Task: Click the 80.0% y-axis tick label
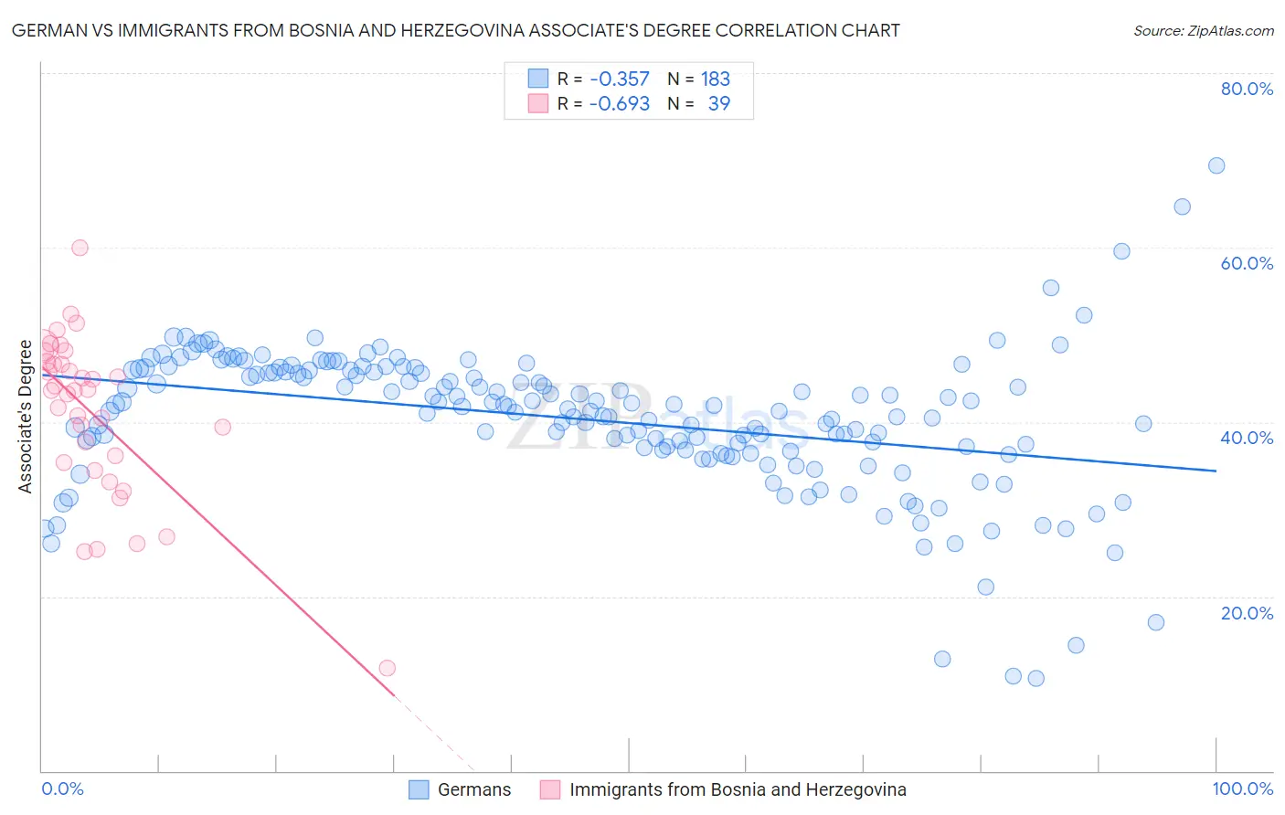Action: click(x=1247, y=89)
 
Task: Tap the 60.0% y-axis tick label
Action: click(x=1247, y=263)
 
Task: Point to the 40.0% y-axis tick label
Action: click(x=1247, y=438)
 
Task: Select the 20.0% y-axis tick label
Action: click(x=1247, y=613)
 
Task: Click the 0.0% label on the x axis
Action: click(x=62, y=789)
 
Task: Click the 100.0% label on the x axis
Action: click(x=1242, y=789)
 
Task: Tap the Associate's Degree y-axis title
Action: click(x=25, y=417)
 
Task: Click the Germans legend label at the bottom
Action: click(x=474, y=790)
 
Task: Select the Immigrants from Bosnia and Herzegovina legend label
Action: click(x=738, y=790)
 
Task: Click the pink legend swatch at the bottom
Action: click(x=550, y=790)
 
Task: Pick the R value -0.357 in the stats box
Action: click(x=619, y=79)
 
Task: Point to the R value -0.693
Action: click(x=619, y=104)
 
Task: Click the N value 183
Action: click(x=716, y=79)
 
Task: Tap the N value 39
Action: click(x=719, y=104)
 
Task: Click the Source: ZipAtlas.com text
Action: click(x=1203, y=31)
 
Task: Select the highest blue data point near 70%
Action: click(x=1216, y=165)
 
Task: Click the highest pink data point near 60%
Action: click(x=80, y=248)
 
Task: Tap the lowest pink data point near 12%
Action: click(x=387, y=668)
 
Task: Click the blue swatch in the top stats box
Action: click(x=538, y=79)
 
